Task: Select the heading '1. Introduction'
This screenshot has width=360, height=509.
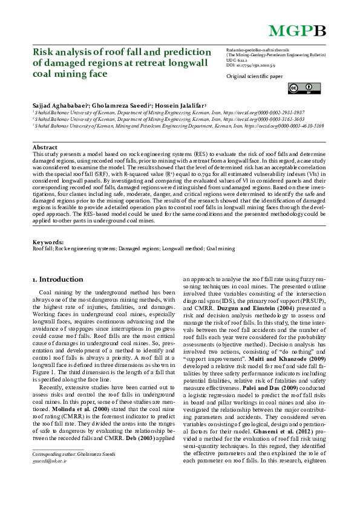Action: coord(57,279)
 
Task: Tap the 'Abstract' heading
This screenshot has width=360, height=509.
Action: coord(45,148)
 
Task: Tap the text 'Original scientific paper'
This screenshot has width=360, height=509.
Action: coord(254,77)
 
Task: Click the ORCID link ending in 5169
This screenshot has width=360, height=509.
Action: coord(290,126)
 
